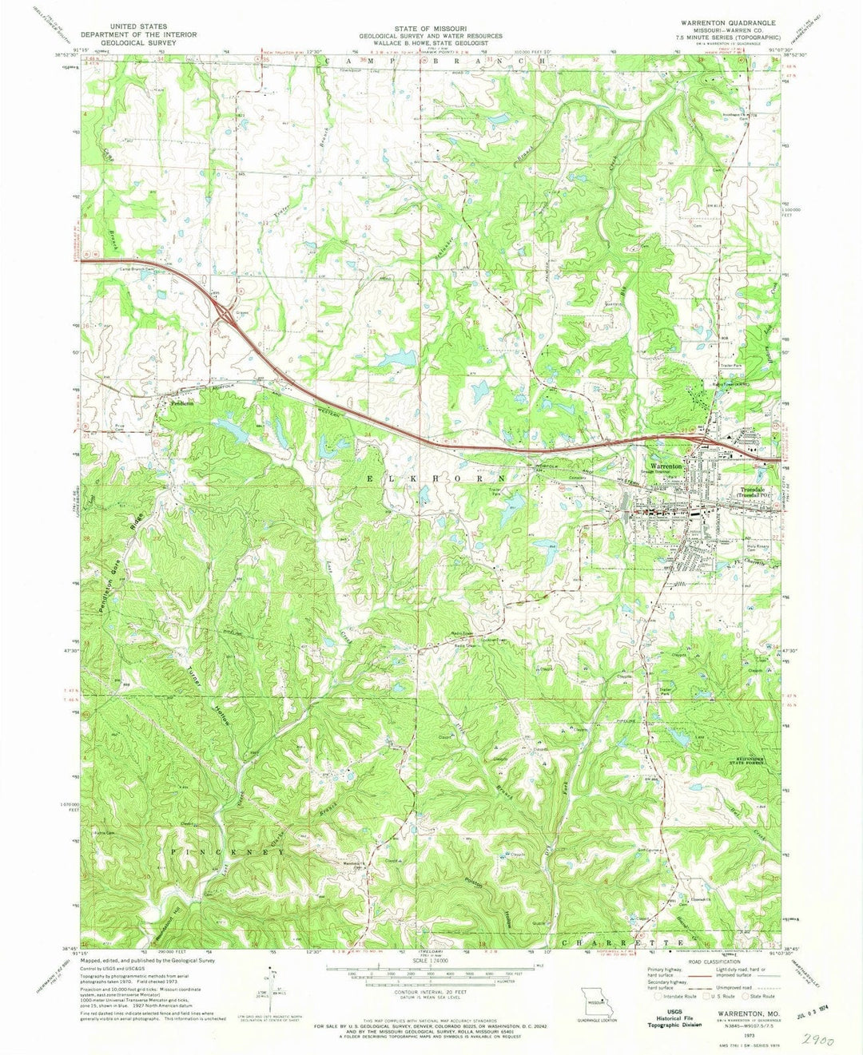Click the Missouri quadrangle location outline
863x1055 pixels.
point(595,1001)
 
